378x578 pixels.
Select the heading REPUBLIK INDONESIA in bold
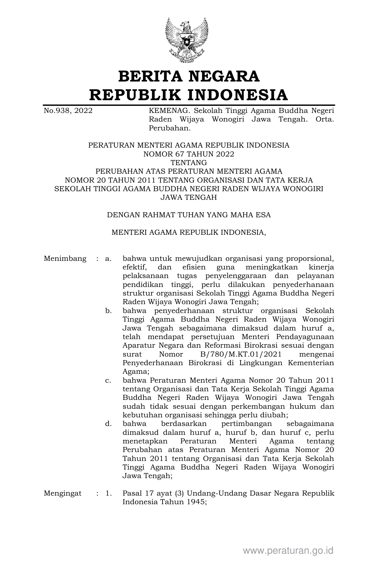click(189, 95)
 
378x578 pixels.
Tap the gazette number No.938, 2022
click(68, 111)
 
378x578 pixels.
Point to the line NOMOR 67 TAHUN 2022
click(189, 154)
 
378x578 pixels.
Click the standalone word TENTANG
click(189, 163)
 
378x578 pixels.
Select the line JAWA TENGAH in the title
click(189, 197)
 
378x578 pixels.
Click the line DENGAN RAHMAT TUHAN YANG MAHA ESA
click(189, 215)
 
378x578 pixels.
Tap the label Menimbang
click(65, 258)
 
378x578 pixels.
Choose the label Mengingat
click(63, 493)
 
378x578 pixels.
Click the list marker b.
click(108, 311)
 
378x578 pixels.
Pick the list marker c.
click(108, 380)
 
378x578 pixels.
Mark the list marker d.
click(108, 424)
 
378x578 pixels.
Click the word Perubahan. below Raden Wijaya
click(169, 128)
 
